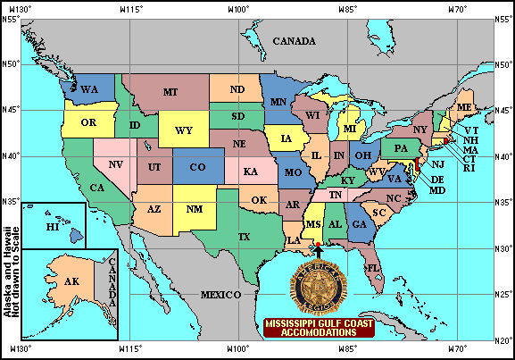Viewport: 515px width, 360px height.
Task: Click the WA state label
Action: [88, 90]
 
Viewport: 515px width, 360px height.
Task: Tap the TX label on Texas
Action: [244, 237]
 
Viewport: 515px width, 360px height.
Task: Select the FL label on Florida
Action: [374, 267]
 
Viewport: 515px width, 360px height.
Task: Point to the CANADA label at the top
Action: [295, 41]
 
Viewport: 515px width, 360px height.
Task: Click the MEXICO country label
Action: [220, 294]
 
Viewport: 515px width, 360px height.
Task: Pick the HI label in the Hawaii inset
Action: [52, 228]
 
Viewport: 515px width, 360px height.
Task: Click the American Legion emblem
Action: [319, 284]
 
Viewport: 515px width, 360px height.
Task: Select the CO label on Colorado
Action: [197, 167]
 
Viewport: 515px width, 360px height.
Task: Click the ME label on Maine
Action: [464, 107]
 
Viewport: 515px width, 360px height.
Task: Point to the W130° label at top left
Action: [20, 8]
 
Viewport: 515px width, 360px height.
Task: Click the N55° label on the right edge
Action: [503, 18]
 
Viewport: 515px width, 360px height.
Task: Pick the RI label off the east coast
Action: [470, 168]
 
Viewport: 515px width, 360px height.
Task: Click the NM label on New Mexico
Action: [194, 210]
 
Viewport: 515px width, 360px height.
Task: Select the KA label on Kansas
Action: [251, 171]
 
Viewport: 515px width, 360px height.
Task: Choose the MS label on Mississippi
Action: [313, 223]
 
